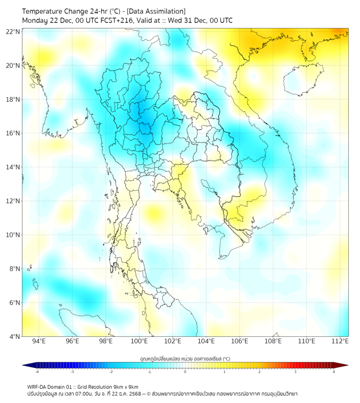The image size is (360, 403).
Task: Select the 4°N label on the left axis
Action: click(14, 336)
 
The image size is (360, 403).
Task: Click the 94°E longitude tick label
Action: click(39, 342)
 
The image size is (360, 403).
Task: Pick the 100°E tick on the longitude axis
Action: click(140, 342)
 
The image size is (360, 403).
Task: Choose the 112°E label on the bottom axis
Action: click(340, 342)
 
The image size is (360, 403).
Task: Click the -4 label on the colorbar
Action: click(37, 372)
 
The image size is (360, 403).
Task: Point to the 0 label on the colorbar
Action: click(185, 372)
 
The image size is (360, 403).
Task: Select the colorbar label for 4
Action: click(334, 372)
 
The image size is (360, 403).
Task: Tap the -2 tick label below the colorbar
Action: click(111, 372)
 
